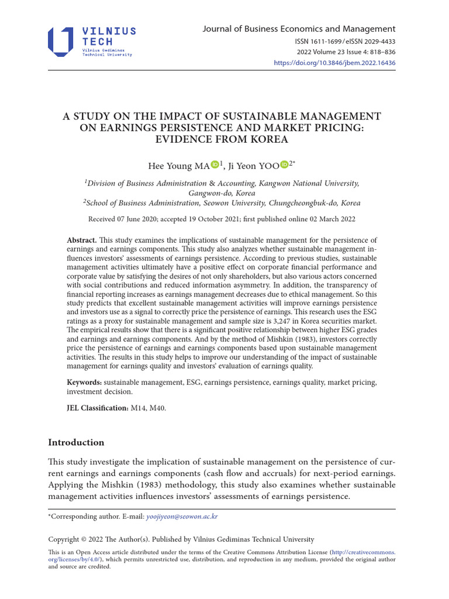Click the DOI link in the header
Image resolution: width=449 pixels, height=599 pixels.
335,63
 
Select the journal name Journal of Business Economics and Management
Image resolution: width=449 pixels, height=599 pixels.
299,29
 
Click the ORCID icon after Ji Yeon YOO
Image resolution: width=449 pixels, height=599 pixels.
284,164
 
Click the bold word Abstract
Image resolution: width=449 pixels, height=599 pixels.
82,240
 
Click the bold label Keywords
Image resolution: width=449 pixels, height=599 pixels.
85,382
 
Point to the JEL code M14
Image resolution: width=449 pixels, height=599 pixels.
139,408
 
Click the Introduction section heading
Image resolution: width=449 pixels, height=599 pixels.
76,442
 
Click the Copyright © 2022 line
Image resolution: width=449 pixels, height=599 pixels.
181,539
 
